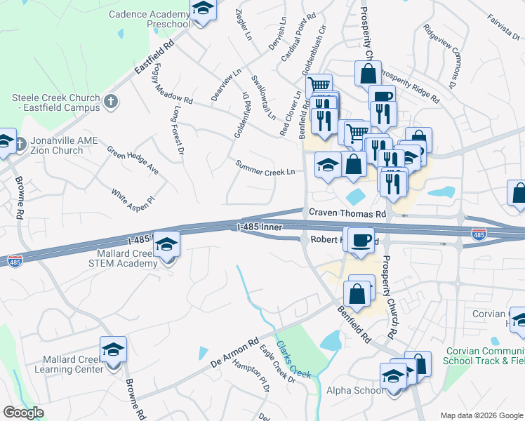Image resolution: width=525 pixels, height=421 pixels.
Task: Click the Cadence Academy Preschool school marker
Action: [202, 9]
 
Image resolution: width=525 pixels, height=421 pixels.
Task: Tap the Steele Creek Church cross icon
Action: [110, 102]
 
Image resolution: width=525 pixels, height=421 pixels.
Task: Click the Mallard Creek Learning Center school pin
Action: [112, 349]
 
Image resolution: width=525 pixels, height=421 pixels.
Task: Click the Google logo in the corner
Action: [24, 413]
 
